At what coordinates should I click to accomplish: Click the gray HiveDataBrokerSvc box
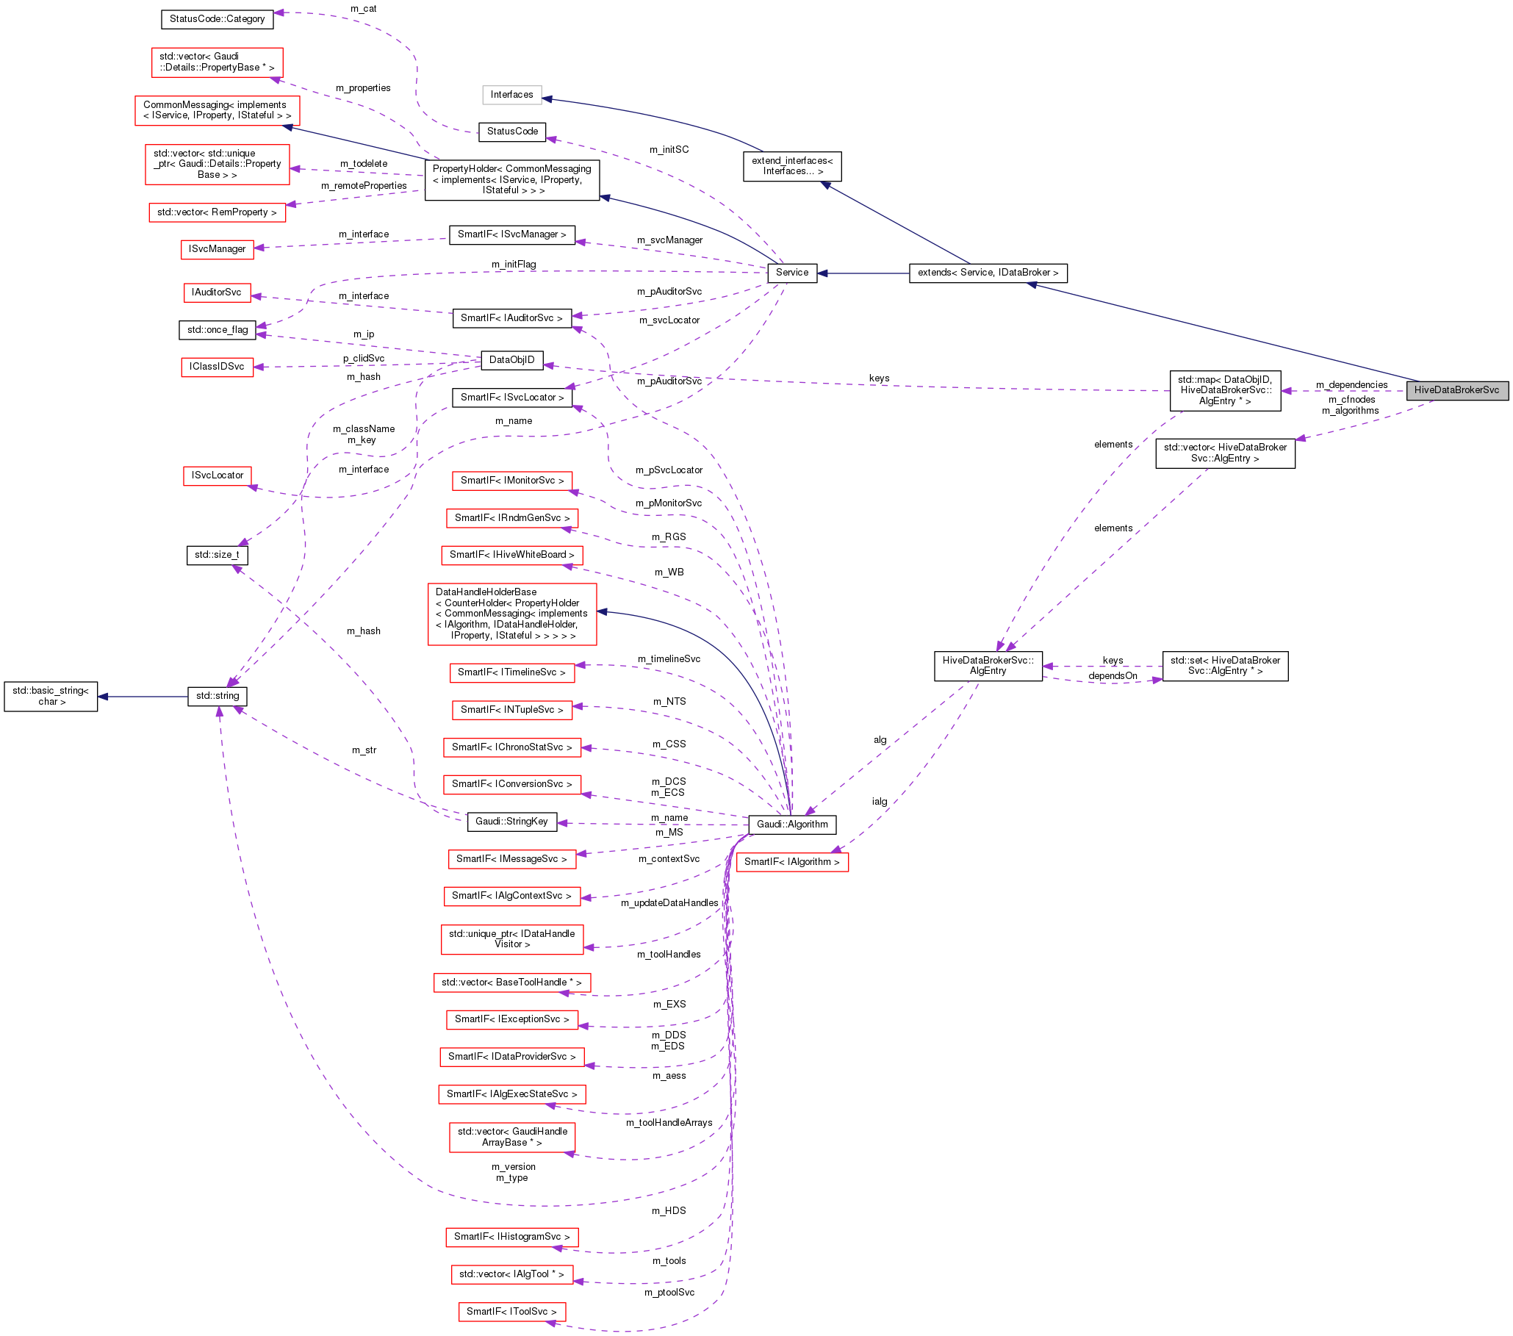pos(1456,390)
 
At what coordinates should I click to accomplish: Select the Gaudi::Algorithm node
pos(791,824)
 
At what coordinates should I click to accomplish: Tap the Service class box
pos(791,273)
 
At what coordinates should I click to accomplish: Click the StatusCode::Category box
pos(217,19)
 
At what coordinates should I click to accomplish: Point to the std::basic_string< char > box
pos(50,696)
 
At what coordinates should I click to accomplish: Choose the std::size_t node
pos(217,554)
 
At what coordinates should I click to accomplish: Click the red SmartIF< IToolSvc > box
pos(511,1311)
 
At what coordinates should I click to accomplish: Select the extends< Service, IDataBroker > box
pos(988,273)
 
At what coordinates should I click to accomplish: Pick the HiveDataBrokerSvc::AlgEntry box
pos(988,665)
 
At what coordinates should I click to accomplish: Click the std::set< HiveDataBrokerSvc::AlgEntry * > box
pos(1224,665)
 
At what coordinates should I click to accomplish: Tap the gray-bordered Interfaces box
pos(511,95)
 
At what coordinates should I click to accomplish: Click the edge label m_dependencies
pos(1351,385)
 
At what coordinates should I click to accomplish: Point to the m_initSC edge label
pos(669,149)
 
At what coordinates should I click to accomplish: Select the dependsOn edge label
pos(1112,676)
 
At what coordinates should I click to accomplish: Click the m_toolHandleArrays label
pos(669,1122)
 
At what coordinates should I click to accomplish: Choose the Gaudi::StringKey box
pos(511,821)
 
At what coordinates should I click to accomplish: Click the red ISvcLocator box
pos(217,475)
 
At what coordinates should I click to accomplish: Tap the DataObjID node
pos(511,360)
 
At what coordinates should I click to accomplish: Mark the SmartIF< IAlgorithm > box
pos(791,861)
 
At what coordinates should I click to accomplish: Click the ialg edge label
pos(879,802)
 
